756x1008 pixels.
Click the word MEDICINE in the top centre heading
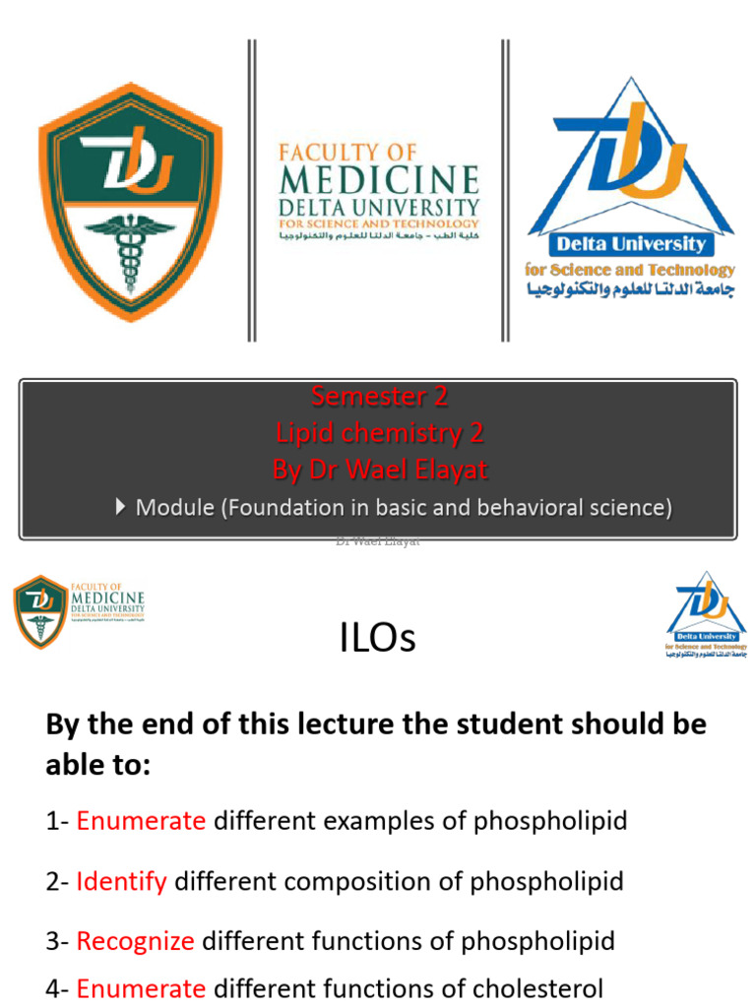(x=379, y=181)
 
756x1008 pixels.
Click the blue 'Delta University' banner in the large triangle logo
(x=631, y=243)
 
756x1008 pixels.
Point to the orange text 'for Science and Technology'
(x=630, y=269)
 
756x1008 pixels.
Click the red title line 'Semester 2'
(x=379, y=397)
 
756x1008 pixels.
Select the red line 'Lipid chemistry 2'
(x=379, y=433)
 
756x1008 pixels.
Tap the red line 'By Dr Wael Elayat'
(x=379, y=471)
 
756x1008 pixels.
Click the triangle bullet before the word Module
(x=120, y=507)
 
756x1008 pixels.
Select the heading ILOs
(x=378, y=640)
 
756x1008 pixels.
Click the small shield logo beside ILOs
(x=40, y=610)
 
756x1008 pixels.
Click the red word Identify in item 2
(x=121, y=881)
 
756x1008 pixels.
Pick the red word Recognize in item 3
(x=135, y=941)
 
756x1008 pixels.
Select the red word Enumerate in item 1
(x=141, y=821)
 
